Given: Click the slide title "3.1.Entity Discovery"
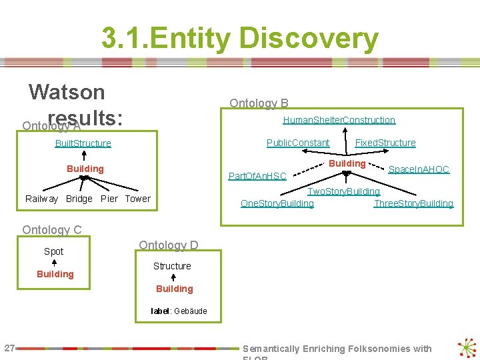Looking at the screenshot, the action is point(239,39).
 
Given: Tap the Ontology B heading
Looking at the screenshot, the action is point(259,103).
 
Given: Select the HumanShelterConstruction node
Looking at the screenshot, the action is point(339,120).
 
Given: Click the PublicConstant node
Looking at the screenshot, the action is point(298,143).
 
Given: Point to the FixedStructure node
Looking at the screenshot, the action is point(385,143).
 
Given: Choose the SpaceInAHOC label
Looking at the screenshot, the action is point(419,169).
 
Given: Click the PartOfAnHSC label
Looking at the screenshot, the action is point(257,176).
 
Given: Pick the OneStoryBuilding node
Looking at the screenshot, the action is point(277,203).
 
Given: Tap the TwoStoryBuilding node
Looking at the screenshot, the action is point(343,191).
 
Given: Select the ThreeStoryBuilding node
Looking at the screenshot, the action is point(413,203).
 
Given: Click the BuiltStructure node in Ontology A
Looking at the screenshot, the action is point(83,143).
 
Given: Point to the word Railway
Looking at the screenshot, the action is point(41,199).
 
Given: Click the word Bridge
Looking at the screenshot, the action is point(79,199).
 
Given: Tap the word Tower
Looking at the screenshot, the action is point(137,199).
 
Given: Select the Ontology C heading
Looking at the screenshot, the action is point(52,230).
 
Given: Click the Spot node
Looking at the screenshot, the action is point(54,251).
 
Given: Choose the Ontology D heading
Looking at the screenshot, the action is point(168,245).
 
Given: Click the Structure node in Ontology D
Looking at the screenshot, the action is point(172,266).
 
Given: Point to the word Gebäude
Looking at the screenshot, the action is point(191,311).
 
